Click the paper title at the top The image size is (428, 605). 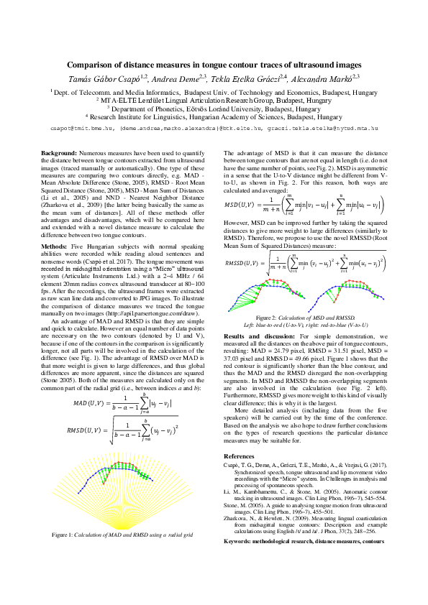(x=214, y=64)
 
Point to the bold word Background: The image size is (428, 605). (x=59, y=154)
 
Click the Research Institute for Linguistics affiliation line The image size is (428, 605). (x=214, y=116)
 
